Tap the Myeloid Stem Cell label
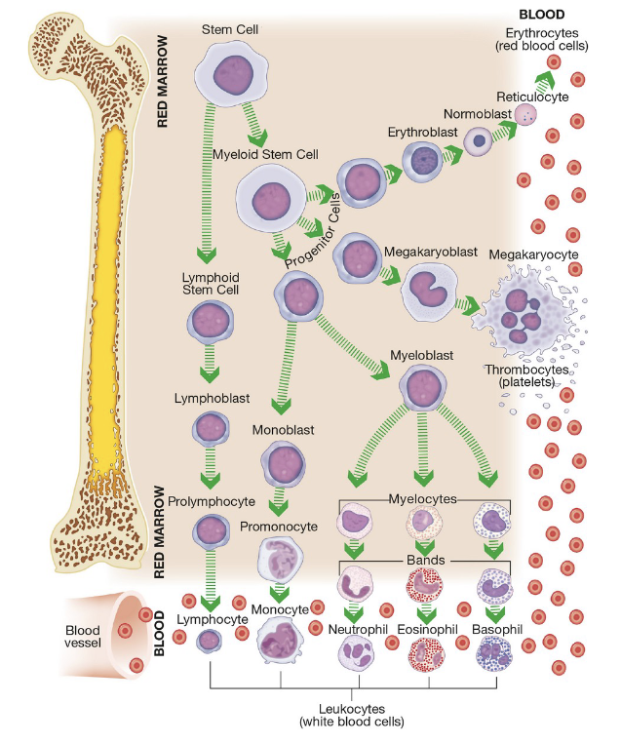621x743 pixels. pyautogui.click(x=265, y=154)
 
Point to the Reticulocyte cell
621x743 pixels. pyautogui.click(x=525, y=114)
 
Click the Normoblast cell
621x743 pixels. pyautogui.click(x=479, y=141)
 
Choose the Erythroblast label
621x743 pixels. pyautogui.click(x=422, y=132)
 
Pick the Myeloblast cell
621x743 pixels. pyautogui.click(x=422, y=387)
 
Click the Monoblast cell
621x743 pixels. pyautogui.click(x=284, y=463)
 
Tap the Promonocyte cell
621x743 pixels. pyautogui.click(x=280, y=560)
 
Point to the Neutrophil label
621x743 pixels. pyautogui.click(x=358, y=629)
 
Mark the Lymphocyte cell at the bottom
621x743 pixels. pyautogui.click(x=209, y=642)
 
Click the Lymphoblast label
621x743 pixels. pyautogui.click(x=212, y=398)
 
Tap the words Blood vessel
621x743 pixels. pyautogui.click(x=83, y=637)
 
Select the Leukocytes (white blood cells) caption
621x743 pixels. pyautogui.click(x=352, y=715)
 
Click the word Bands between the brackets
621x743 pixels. pyautogui.click(x=426, y=560)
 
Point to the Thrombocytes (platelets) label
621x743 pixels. pyautogui.click(x=526, y=375)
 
